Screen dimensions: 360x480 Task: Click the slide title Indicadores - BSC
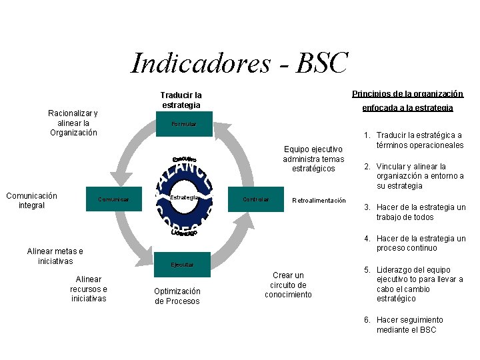tap(239, 63)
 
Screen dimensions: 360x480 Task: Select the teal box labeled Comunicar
tap(114, 199)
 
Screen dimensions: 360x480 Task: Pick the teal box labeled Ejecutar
tap(181, 265)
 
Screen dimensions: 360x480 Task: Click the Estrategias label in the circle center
tap(185, 198)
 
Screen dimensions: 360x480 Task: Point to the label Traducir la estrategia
tap(181, 100)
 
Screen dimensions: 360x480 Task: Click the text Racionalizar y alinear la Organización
tap(73, 123)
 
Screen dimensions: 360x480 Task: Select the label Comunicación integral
tap(31, 200)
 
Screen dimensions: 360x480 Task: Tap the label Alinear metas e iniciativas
tap(55, 256)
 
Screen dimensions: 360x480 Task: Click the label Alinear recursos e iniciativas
tap(89, 289)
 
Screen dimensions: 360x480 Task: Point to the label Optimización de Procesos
tap(177, 296)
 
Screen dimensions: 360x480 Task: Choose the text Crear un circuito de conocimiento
tap(288, 285)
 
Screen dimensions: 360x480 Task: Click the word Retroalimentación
tap(319, 201)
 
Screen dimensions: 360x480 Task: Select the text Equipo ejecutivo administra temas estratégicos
tap(313, 159)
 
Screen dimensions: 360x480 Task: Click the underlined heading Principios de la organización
tap(407, 94)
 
